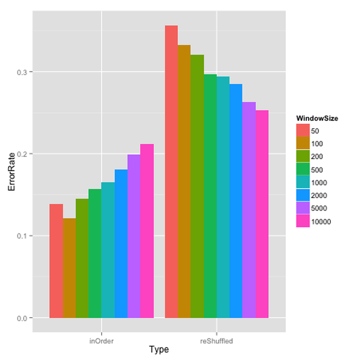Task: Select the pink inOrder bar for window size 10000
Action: click(x=147, y=231)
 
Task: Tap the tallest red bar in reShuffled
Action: click(x=171, y=172)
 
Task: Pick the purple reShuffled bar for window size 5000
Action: click(x=249, y=210)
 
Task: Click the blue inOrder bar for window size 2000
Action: click(x=121, y=244)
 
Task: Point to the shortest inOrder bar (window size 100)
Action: click(x=69, y=268)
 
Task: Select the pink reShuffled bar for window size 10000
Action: click(x=262, y=214)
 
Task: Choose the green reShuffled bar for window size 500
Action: click(x=210, y=196)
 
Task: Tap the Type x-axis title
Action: click(x=159, y=350)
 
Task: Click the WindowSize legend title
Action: click(x=317, y=118)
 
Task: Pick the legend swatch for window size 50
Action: click(x=302, y=131)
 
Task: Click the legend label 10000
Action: click(x=321, y=222)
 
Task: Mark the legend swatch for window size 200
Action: click(x=302, y=157)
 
